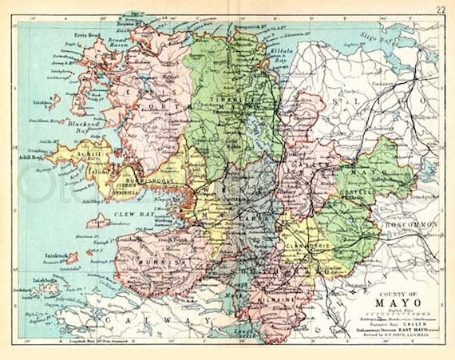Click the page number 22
(x=441, y=10)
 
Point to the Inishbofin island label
(x=44, y=280)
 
